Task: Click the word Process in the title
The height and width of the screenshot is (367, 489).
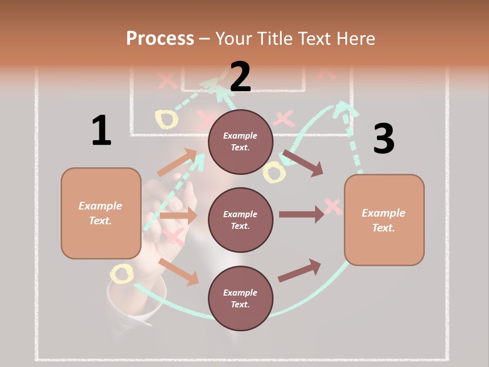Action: coord(160,39)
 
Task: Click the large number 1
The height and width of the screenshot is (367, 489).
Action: coord(101,130)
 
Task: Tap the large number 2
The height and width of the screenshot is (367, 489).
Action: coord(240,76)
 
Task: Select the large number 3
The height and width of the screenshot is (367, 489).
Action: coord(384,139)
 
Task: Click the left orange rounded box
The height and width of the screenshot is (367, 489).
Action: coord(101,213)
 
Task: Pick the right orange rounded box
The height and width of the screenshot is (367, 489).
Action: coord(384,220)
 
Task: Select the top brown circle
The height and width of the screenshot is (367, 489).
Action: coord(240,142)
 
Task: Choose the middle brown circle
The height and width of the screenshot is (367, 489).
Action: coord(240,220)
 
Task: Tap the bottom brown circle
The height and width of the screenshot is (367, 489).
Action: coord(240,298)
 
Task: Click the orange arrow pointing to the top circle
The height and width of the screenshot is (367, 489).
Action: coord(177,163)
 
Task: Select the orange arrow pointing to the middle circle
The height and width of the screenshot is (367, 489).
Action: coord(178,216)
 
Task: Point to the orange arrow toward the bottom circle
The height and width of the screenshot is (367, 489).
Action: coord(178,272)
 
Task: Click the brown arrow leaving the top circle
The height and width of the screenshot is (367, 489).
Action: coord(303,163)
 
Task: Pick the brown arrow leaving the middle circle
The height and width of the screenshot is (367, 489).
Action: coord(301,215)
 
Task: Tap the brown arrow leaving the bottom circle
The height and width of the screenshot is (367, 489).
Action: coord(300,271)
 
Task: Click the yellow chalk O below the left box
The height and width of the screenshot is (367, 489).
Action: coord(122,274)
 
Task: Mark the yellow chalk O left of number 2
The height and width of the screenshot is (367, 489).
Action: coord(167,119)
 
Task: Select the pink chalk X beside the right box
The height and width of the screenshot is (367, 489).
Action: coord(333,206)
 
